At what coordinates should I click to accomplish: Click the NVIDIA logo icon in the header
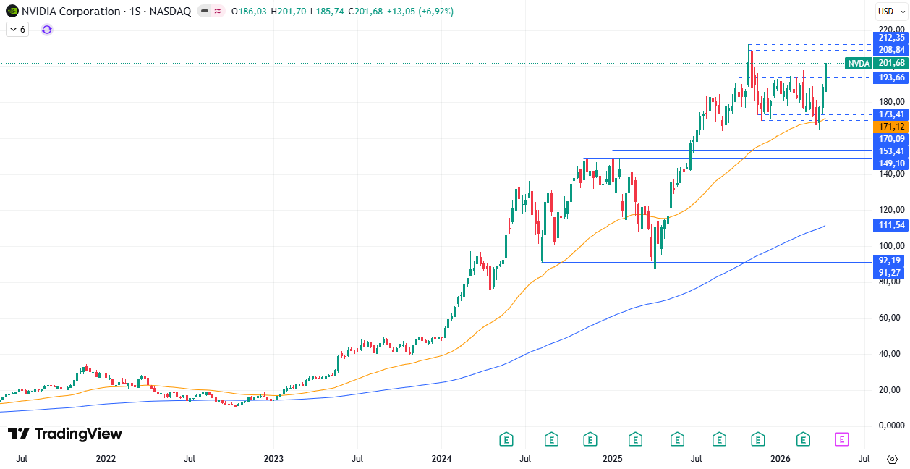(x=12, y=12)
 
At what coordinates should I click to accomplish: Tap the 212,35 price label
(x=890, y=38)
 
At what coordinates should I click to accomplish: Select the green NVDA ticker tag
(x=859, y=63)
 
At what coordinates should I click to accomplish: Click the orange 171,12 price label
(x=890, y=127)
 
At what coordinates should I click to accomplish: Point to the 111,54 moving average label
(x=890, y=226)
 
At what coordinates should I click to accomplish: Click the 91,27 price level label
(x=890, y=272)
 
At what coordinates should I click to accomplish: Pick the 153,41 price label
(x=890, y=151)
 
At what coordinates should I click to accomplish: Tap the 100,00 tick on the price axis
(x=890, y=246)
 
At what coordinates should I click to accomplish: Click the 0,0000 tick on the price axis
(x=890, y=426)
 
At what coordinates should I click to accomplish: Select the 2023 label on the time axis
(x=273, y=458)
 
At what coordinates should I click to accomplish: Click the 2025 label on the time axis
(x=612, y=458)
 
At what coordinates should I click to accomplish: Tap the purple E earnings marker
(x=841, y=439)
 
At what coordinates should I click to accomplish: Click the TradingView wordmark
(x=65, y=434)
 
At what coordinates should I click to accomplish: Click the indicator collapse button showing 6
(x=17, y=30)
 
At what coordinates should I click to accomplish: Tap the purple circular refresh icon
(x=47, y=30)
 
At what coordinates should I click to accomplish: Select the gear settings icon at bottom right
(x=892, y=458)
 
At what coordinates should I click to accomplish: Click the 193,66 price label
(x=890, y=77)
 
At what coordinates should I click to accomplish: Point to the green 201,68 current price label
(x=890, y=63)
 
